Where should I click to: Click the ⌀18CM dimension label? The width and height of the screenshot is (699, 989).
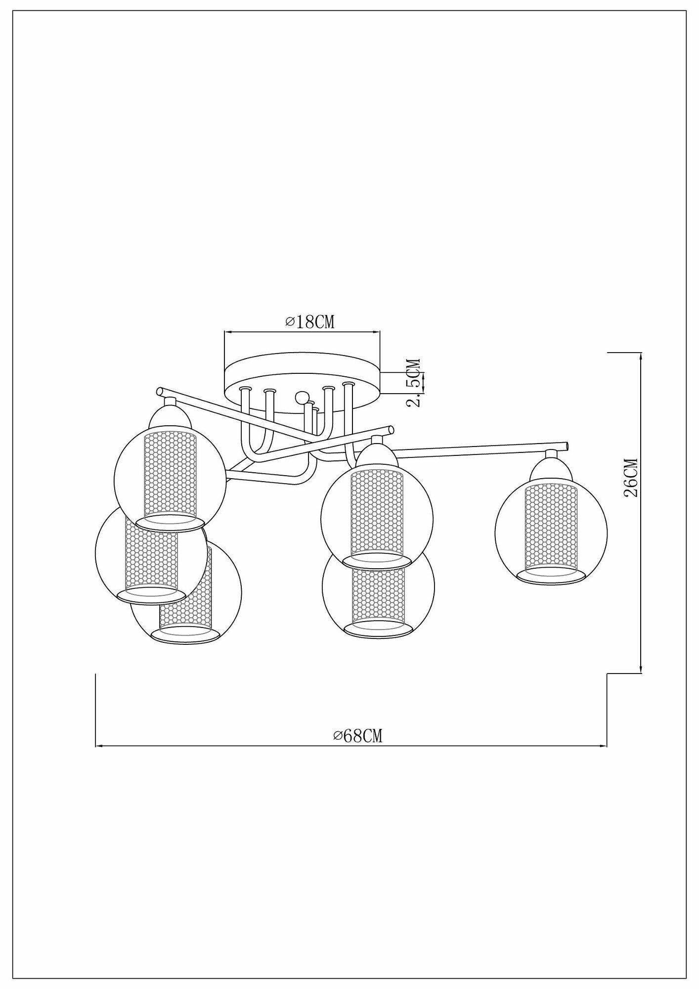click(x=310, y=322)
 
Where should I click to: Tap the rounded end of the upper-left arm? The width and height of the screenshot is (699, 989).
click(x=159, y=392)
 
